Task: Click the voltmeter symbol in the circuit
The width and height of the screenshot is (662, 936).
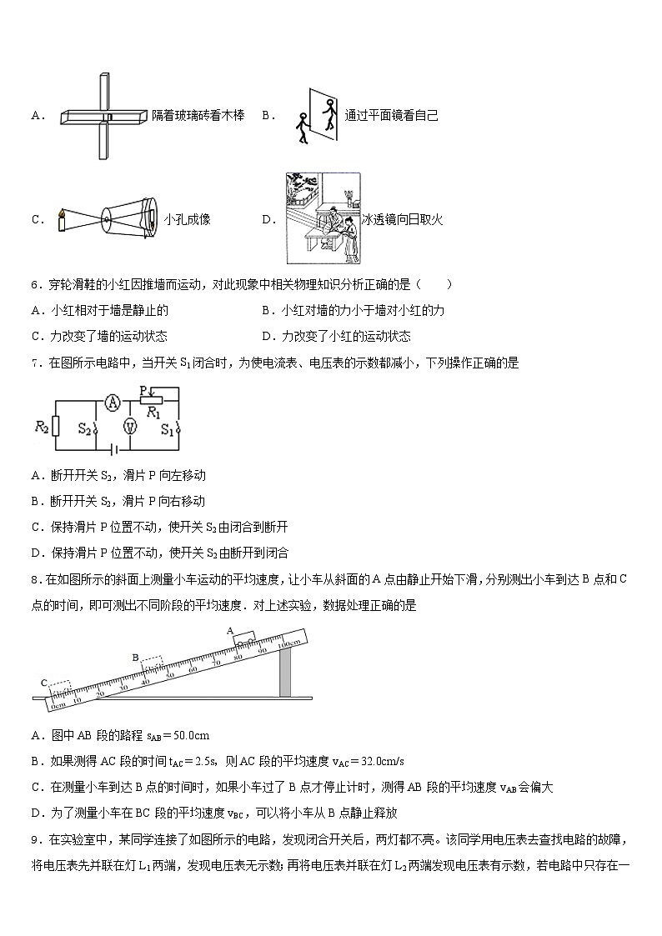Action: [x=129, y=426]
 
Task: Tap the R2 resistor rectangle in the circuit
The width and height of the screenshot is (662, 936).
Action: [x=55, y=427]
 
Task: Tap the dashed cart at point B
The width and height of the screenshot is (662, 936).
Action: [x=151, y=665]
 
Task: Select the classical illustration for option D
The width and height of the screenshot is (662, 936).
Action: [x=322, y=218]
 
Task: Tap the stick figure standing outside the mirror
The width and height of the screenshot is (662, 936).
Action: [x=302, y=127]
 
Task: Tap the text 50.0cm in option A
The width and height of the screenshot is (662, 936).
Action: [x=189, y=734]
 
